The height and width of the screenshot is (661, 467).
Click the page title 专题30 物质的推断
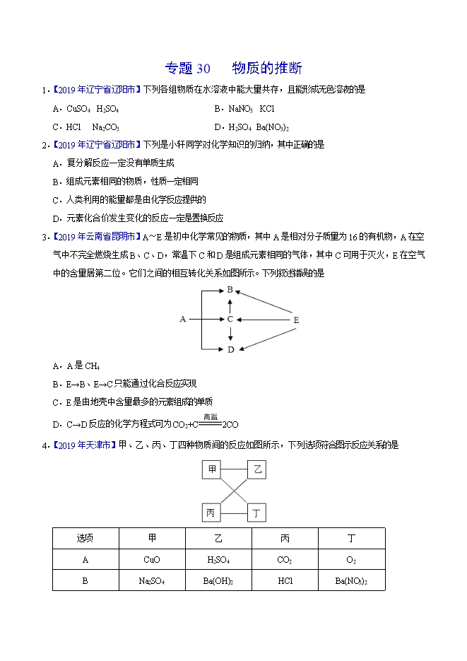(x=233, y=69)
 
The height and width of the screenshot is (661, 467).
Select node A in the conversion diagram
(x=182, y=320)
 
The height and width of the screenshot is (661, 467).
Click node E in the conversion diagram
(x=296, y=320)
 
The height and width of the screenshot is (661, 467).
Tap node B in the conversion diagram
(x=230, y=290)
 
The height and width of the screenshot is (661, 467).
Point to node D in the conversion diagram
(x=230, y=349)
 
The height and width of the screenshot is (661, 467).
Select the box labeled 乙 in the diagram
(x=257, y=470)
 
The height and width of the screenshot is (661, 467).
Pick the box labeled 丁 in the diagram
(x=257, y=513)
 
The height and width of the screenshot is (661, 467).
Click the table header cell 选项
(x=85, y=539)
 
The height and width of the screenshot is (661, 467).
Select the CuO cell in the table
(x=151, y=559)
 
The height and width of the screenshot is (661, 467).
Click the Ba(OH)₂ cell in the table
(x=218, y=580)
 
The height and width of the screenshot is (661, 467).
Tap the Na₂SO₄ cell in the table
(x=151, y=580)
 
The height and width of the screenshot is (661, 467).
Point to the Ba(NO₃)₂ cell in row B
(x=351, y=580)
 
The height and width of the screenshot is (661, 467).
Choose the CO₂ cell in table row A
(x=285, y=559)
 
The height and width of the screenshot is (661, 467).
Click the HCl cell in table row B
(x=285, y=580)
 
